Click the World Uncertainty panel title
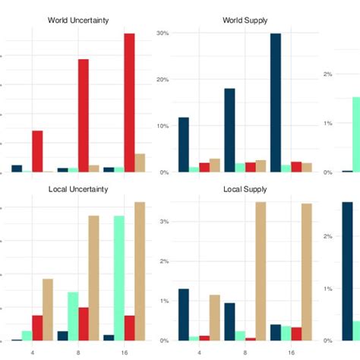tap(78, 20)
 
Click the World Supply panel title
tap(245, 20)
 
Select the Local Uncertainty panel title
tap(78, 188)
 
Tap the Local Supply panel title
tap(245, 188)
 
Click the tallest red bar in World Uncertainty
tap(129, 103)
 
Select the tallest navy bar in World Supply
tap(275, 103)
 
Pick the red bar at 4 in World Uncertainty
tap(37, 151)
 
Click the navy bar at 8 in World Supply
tap(229, 130)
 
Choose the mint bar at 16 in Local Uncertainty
tap(119, 278)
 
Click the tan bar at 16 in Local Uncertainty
tap(140, 271)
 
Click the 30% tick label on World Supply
tap(162, 33)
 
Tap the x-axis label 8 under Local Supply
tap(245, 352)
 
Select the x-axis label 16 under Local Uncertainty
tap(124, 352)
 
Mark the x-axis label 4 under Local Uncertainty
tap(32, 352)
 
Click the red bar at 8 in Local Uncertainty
tap(84, 324)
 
